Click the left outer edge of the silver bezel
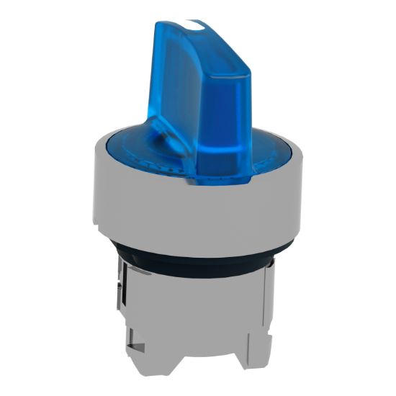94,187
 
